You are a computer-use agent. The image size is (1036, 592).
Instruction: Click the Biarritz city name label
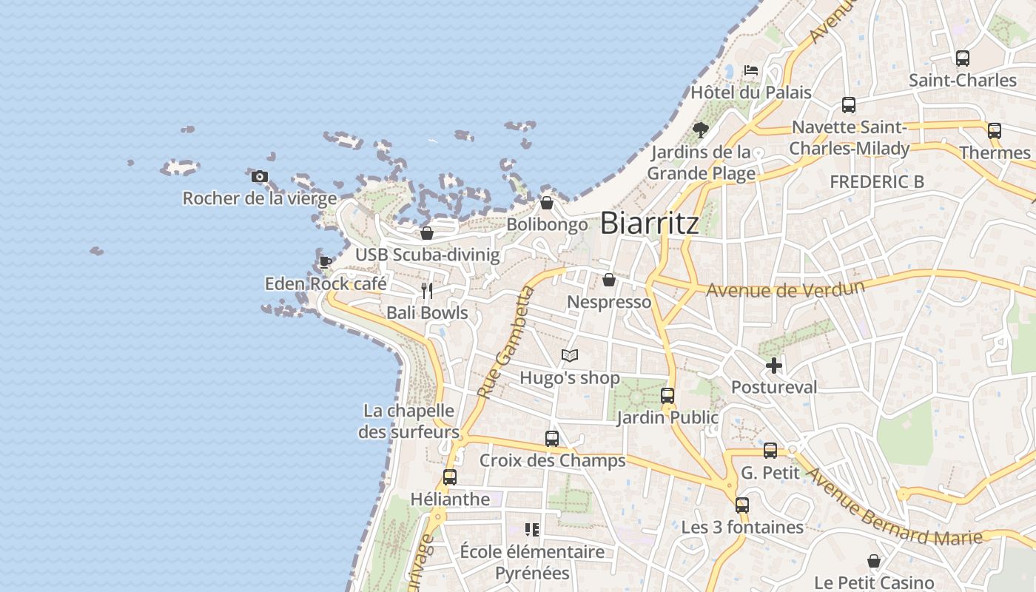[x=649, y=223]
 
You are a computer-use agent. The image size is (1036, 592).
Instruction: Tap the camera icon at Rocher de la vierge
[x=259, y=176]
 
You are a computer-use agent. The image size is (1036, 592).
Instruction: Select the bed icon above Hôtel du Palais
[x=751, y=71]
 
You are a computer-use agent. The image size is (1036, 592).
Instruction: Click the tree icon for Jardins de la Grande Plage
[x=700, y=131]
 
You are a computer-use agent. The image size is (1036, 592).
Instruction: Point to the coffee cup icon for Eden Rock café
[x=325, y=262]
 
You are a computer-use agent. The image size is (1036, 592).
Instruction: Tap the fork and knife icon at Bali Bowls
[x=427, y=290]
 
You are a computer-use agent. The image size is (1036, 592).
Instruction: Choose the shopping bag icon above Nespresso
[x=608, y=280]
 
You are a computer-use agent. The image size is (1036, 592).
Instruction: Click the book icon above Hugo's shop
[x=569, y=356]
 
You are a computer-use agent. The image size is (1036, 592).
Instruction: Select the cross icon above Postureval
[x=774, y=365]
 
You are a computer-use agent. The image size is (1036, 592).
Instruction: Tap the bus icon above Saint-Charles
[x=962, y=58]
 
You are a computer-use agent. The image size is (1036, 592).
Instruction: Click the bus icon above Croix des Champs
[x=551, y=438]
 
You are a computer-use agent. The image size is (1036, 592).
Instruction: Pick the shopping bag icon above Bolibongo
[x=547, y=202]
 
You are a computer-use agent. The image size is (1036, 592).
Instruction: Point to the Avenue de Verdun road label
[x=785, y=288]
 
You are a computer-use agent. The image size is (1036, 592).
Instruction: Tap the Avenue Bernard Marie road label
[x=893, y=511]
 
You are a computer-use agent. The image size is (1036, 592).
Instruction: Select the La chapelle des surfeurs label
[x=408, y=421]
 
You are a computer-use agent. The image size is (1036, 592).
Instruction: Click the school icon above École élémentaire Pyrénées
[x=532, y=529]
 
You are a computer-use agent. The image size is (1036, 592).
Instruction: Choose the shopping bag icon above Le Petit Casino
[x=873, y=561]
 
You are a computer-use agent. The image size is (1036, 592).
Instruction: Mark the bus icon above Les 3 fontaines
[x=741, y=505]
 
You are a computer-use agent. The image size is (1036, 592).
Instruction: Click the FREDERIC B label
[x=876, y=181]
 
